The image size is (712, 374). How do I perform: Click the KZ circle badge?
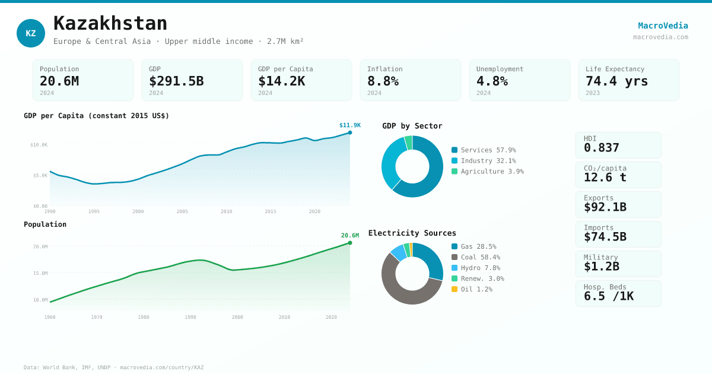31,33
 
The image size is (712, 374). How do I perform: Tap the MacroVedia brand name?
663,26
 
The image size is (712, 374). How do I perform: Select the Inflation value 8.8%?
383,81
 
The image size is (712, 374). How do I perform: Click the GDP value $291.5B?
176,81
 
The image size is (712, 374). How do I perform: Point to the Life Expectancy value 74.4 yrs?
616,81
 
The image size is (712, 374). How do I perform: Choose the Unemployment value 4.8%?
492,81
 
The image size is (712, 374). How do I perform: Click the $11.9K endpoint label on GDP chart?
349,125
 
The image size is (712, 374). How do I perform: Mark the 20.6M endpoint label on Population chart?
349,236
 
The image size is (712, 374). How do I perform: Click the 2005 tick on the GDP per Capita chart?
182,211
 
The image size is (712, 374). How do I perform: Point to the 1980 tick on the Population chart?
144,317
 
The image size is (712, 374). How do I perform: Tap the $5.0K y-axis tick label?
40,175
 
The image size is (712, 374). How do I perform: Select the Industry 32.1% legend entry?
484,161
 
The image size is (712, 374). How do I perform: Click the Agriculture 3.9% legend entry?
487,172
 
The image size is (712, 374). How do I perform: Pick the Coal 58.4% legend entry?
476,258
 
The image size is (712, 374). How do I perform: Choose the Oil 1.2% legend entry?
472,290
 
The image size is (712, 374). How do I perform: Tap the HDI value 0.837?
601,148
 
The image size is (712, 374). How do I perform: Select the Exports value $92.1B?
605,207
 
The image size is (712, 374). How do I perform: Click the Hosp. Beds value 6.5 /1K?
608,296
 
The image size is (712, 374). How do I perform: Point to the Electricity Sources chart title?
412,233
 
